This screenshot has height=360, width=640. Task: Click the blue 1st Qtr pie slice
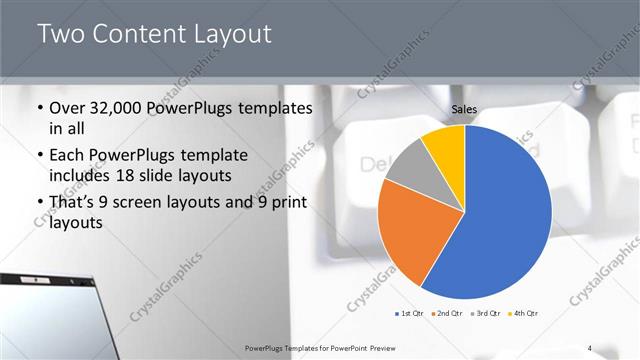(505, 220)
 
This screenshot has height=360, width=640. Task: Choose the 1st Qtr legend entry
(409, 314)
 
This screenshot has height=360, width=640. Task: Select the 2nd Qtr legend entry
(447, 314)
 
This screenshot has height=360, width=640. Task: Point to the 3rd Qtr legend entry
(485, 314)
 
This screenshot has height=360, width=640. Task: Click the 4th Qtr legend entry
(523, 314)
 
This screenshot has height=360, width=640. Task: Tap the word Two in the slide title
(64, 34)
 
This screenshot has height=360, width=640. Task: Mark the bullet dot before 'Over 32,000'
(39, 109)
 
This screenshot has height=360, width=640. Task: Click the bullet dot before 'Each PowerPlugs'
(39, 157)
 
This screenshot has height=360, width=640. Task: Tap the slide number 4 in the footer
(590, 347)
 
